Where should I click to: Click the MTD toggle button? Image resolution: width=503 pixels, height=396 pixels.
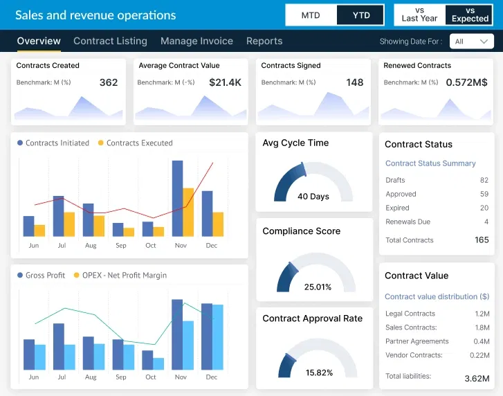[x=311, y=15]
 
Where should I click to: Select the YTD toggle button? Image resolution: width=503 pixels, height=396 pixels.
[x=360, y=15]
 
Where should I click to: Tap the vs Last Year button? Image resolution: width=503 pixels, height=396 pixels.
[x=419, y=15]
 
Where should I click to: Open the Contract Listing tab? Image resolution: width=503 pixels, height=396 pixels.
[x=110, y=41]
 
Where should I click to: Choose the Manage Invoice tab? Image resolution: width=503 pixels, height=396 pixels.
[x=196, y=41]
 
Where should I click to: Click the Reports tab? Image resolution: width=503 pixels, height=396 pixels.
[x=264, y=41]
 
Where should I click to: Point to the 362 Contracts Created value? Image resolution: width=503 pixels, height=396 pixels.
[x=109, y=82]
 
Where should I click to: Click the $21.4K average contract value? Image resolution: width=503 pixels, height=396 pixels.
[x=225, y=82]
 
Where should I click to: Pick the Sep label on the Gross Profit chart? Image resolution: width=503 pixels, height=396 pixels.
[x=121, y=377]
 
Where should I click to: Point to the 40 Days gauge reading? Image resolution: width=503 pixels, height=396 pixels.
[x=313, y=197]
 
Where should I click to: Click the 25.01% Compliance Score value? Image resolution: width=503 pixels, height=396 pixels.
[x=318, y=287]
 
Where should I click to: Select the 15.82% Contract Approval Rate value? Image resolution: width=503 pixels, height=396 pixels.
[x=319, y=372]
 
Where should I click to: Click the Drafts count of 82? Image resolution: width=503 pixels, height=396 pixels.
[x=484, y=180]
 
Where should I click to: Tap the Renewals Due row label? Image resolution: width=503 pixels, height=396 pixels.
[x=408, y=222]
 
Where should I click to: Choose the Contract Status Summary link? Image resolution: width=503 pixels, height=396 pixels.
[x=430, y=163]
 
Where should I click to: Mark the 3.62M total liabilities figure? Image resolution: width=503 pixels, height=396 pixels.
[x=477, y=378]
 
